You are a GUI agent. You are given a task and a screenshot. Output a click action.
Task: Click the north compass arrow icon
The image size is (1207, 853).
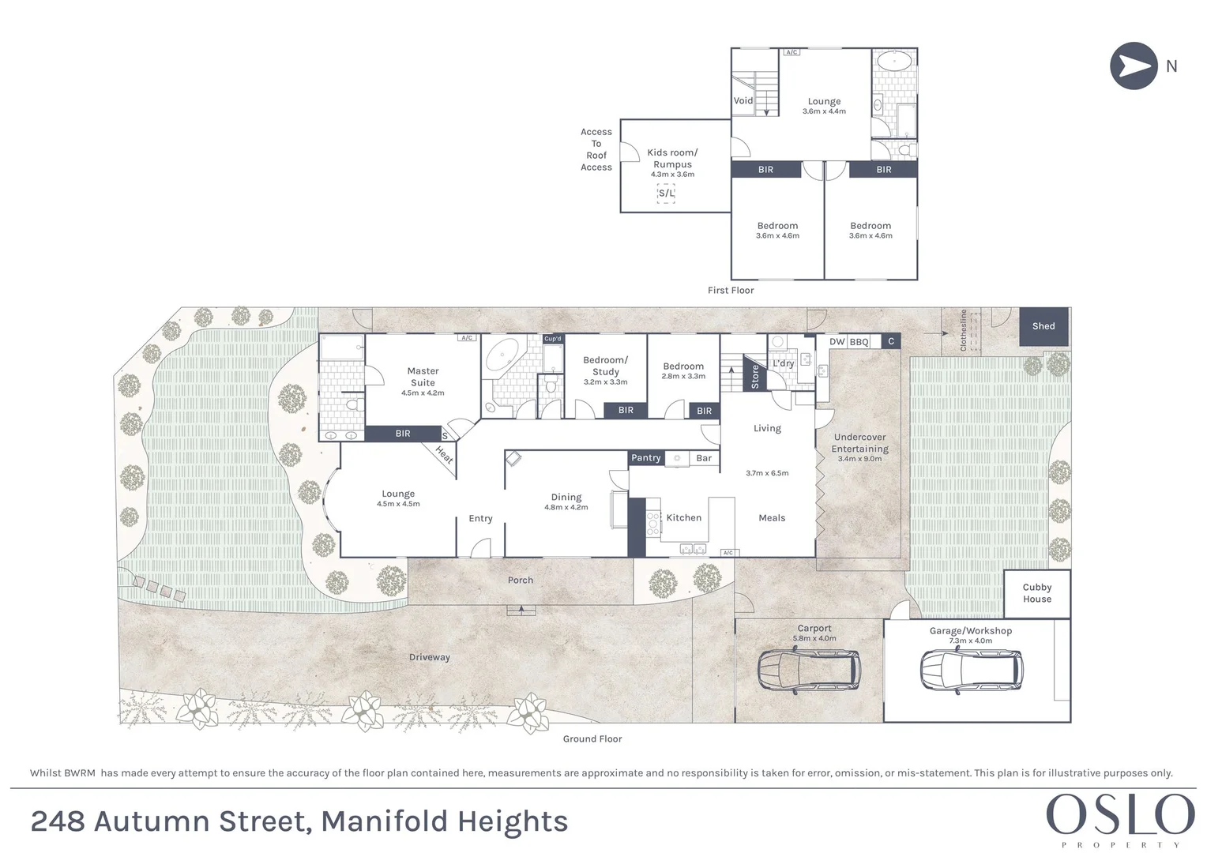[1134, 66]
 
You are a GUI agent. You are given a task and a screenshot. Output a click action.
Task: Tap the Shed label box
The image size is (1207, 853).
[1043, 326]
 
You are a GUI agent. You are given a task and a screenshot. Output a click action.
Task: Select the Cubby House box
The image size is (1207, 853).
[1036, 593]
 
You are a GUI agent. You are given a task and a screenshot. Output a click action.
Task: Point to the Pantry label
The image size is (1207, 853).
[645, 458]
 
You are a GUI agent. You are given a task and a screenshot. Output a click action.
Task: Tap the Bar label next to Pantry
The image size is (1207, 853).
[704, 458]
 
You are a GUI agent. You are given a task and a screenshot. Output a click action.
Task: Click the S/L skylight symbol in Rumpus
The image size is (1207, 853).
[666, 194]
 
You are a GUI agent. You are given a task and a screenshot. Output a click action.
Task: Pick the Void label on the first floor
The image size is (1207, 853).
[743, 101]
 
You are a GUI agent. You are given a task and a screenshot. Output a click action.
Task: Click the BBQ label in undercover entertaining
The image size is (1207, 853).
[859, 342]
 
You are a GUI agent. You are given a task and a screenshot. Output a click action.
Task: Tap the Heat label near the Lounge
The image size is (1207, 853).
[444, 456]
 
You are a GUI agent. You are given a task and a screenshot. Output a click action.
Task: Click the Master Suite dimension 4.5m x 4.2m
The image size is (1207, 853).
[423, 393]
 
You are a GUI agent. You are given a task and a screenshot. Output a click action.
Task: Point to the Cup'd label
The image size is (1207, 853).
[553, 339]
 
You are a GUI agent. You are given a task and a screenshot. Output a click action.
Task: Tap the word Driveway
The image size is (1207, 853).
[430, 657]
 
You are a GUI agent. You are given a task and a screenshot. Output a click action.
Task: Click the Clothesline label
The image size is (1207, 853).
[963, 330]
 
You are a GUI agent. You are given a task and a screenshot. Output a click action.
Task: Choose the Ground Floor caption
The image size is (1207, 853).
[592, 739]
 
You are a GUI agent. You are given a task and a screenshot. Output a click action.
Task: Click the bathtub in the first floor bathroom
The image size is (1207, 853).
[894, 60]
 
